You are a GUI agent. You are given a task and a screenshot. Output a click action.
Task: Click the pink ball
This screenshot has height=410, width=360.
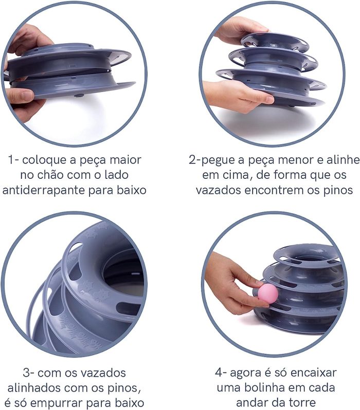pyautogui.click(x=268, y=294)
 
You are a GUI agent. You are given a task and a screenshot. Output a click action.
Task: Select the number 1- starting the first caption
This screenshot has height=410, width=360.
pyautogui.click(x=13, y=160)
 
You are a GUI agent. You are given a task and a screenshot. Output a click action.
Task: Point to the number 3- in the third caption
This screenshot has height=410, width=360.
pyautogui.click(x=28, y=372)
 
